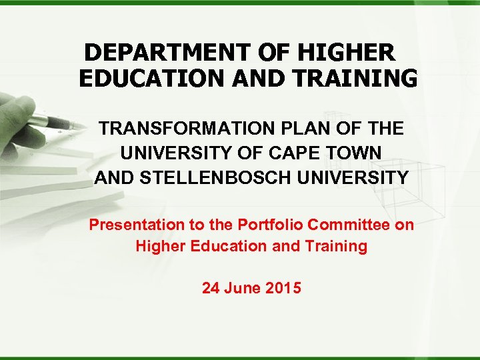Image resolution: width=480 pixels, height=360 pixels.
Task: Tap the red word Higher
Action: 159,246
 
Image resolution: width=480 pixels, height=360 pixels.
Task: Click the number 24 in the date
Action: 211,289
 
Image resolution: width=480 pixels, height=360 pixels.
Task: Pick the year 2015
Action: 283,289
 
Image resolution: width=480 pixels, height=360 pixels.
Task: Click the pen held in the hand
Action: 47,120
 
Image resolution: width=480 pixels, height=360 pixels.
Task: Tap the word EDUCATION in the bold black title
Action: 153,79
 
